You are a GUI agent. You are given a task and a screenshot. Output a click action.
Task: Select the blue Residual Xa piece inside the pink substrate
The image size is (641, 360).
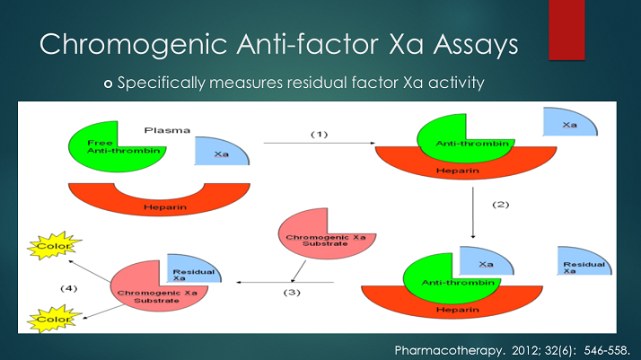[x=189, y=268]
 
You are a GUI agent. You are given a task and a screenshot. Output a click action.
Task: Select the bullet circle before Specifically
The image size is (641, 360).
[x=110, y=83]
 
